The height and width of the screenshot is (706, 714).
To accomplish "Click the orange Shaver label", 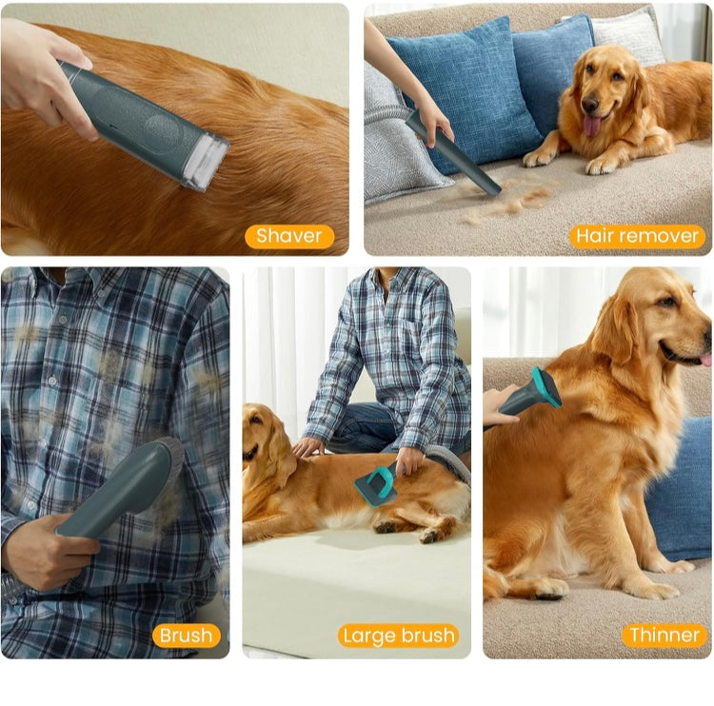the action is point(289,237).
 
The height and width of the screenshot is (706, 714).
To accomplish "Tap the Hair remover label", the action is point(637,237).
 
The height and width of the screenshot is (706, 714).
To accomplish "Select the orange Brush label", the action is point(187,636).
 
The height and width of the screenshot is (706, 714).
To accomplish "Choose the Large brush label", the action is point(399,636).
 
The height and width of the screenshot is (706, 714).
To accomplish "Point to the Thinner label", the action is point(664,636).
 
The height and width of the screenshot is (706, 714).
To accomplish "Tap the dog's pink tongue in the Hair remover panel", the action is point(592,125).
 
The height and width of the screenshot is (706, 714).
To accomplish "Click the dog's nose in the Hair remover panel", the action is point(589,105).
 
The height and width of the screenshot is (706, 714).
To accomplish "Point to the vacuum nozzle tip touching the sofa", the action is point(491,187).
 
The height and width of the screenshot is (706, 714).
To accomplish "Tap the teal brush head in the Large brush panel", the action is point(376,485).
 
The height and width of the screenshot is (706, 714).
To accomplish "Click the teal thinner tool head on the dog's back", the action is point(546,388).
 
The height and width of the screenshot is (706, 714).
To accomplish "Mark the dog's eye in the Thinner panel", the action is point(667,302).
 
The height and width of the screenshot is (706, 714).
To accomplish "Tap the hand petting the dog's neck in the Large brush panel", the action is point(307,446).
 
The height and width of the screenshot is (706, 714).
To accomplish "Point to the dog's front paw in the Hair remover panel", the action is point(539,158).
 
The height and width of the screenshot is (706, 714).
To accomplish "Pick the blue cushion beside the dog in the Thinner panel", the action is point(680,492).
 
